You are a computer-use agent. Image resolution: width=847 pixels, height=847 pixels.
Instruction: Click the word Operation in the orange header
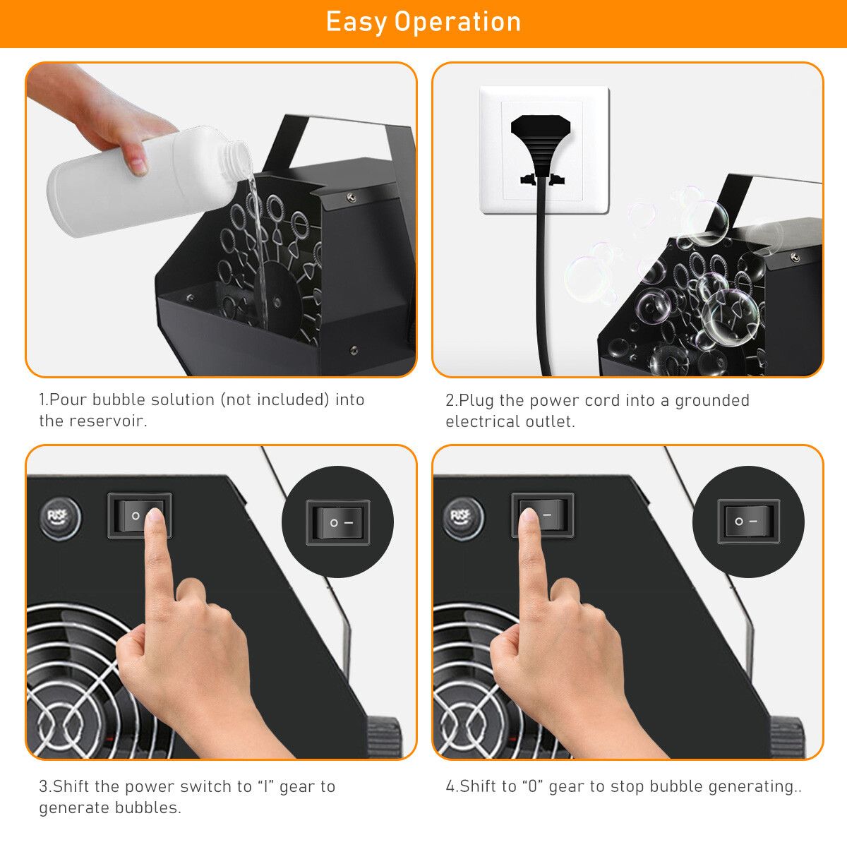pyautogui.click(x=457, y=22)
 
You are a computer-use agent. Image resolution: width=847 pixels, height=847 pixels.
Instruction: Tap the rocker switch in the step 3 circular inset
pyautogui.click(x=337, y=522)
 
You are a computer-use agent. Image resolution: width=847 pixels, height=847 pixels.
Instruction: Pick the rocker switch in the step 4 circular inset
pyautogui.click(x=748, y=521)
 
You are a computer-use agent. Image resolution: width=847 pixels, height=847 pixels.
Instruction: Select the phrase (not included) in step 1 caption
pyautogui.click(x=275, y=400)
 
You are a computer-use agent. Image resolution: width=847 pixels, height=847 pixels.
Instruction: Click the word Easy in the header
pyautogui.click(x=356, y=22)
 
